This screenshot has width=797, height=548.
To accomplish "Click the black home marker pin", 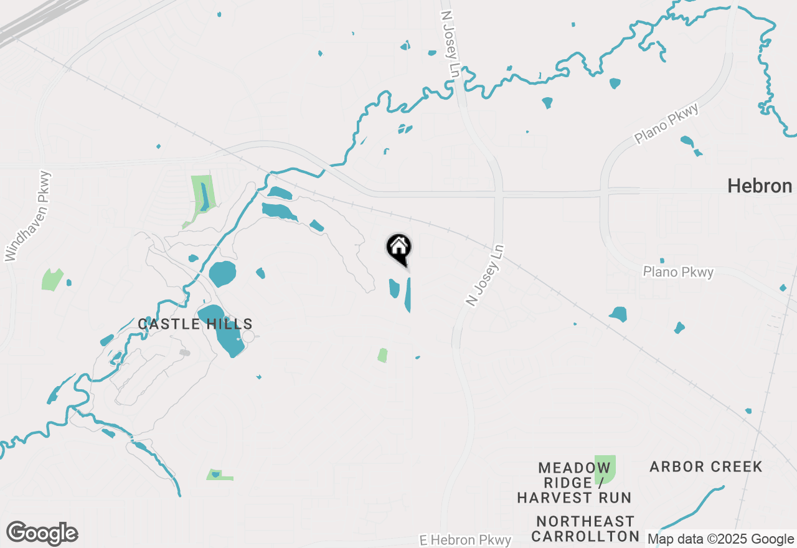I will pos(398,248).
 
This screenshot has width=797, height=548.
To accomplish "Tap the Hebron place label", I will pos(760,186).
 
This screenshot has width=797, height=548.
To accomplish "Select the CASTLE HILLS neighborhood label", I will pos(195,324).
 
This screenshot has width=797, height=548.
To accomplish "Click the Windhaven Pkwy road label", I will pos(27,215).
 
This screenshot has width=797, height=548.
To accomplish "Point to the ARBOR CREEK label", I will pos(705,466).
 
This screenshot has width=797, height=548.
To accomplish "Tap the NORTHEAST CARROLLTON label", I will pos(585,529).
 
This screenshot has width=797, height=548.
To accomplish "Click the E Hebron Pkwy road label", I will pos(465,540).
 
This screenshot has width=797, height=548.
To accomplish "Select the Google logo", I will pos(42,534).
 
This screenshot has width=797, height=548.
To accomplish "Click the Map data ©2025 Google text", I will pos(721,539).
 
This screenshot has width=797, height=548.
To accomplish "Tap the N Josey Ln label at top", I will pos(450,44).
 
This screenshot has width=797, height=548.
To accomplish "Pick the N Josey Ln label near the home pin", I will pos(484,275).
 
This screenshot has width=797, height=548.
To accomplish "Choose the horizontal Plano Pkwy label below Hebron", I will pos(678,272).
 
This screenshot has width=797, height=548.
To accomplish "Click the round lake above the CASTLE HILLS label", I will pos(222,274).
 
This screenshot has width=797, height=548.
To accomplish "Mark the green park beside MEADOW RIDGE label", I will pos(605,469).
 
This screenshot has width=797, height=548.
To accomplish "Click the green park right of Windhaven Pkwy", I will pos(52,280).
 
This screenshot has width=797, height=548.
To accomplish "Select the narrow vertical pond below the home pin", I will pos(408,295).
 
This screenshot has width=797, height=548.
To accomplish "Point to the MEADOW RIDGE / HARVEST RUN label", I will pos(573,483).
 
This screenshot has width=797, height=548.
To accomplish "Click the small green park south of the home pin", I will pos(382,355).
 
